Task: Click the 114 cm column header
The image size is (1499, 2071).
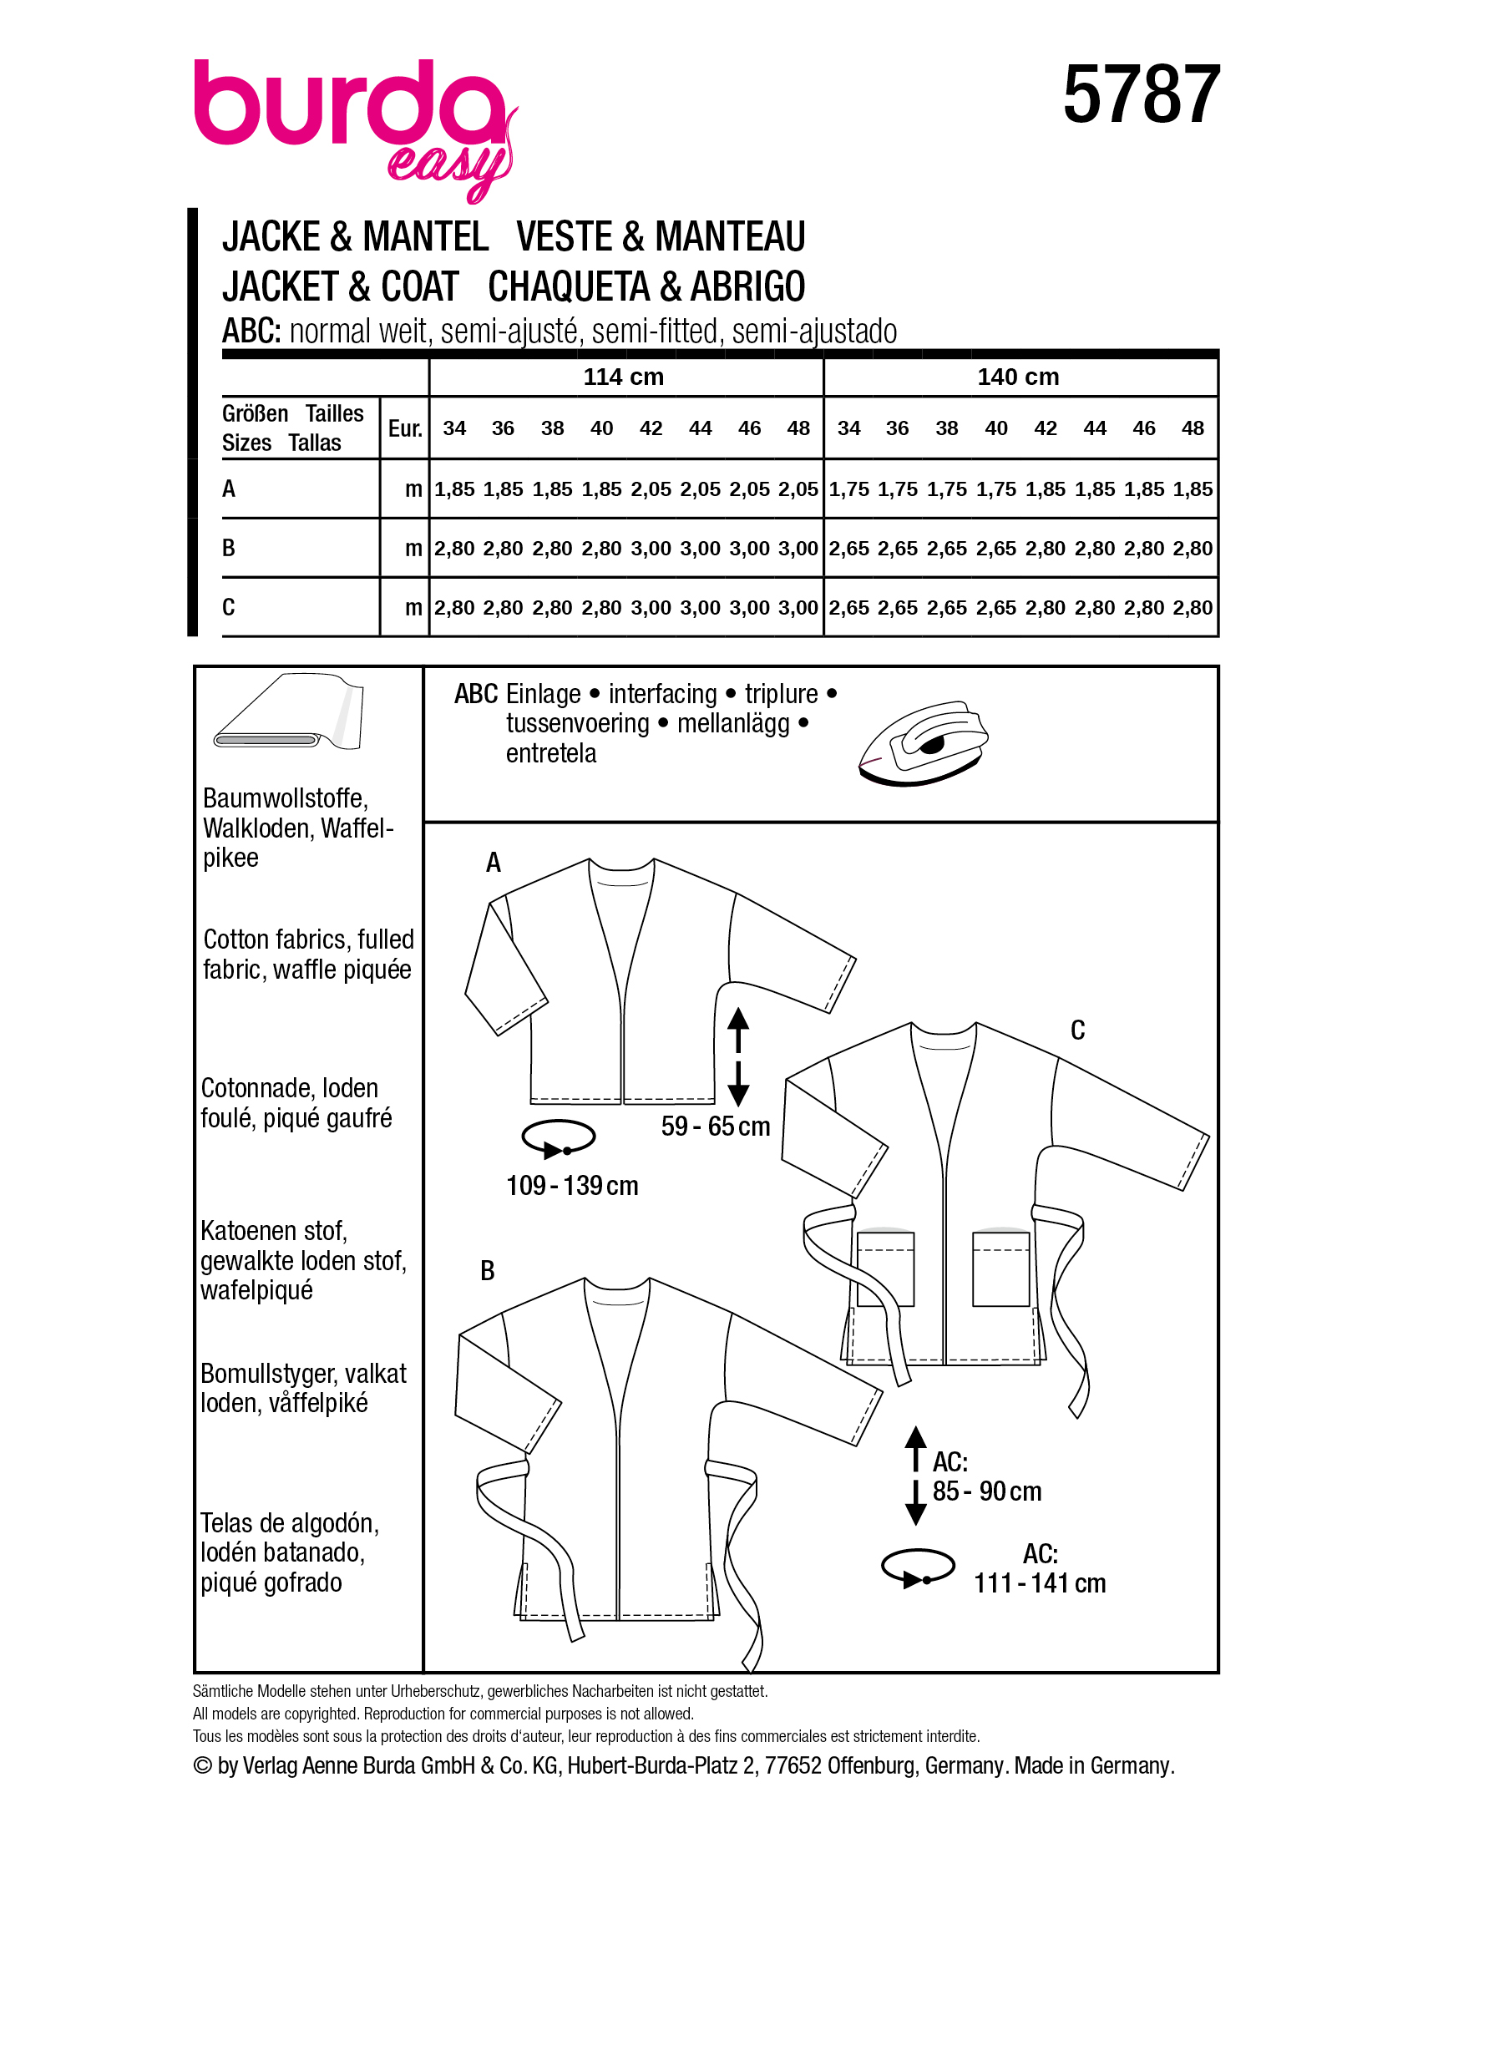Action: click(624, 377)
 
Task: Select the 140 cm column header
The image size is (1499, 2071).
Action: click(1018, 377)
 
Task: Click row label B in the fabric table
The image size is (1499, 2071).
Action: click(228, 548)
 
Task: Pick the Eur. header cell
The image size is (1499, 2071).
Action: click(404, 428)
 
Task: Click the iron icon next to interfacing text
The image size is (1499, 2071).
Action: click(923, 742)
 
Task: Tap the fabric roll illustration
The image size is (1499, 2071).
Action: click(287, 713)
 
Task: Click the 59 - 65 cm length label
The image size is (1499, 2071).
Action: click(715, 1127)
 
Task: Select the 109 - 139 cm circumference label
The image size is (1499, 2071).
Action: click(571, 1186)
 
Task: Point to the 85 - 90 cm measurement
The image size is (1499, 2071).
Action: click(986, 1491)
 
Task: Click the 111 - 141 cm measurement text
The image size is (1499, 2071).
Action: click(1039, 1583)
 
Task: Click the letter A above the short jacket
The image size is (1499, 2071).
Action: click(493, 863)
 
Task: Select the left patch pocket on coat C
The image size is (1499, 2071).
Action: click(884, 1269)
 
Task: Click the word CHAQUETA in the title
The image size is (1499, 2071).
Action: click(572, 286)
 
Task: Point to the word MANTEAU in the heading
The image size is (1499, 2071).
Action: click(731, 236)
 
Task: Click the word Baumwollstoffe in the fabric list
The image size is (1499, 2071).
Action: click(285, 798)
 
